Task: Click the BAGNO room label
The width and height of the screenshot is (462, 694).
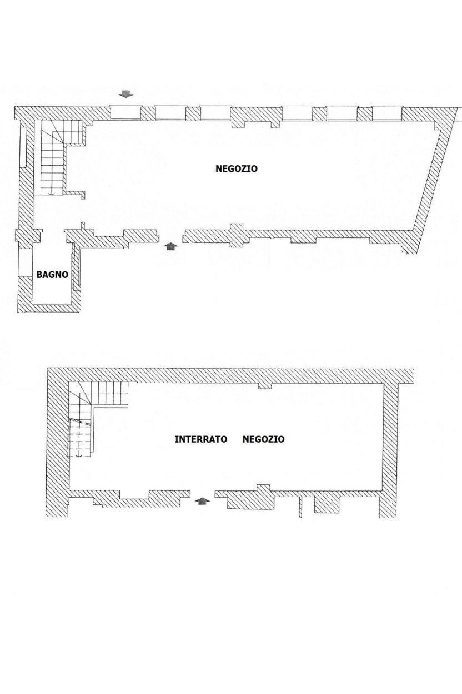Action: tap(52, 275)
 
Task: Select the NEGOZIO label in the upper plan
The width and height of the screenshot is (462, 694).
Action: tap(237, 169)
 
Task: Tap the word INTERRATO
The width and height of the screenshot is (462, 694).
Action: tap(201, 439)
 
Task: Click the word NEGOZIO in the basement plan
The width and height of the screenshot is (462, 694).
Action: tap(263, 439)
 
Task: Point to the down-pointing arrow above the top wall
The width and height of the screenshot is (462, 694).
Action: tap(127, 94)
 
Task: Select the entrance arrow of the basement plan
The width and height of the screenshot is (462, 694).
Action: tap(203, 501)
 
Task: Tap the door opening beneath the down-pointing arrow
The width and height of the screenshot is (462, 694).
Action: tap(125, 112)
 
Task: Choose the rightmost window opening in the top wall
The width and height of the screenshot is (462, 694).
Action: tap(386, 113)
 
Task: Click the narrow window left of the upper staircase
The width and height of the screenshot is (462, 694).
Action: tap(23, 147)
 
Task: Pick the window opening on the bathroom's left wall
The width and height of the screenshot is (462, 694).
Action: tap(25, 262)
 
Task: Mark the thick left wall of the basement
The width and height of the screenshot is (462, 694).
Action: tap(58, 443)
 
